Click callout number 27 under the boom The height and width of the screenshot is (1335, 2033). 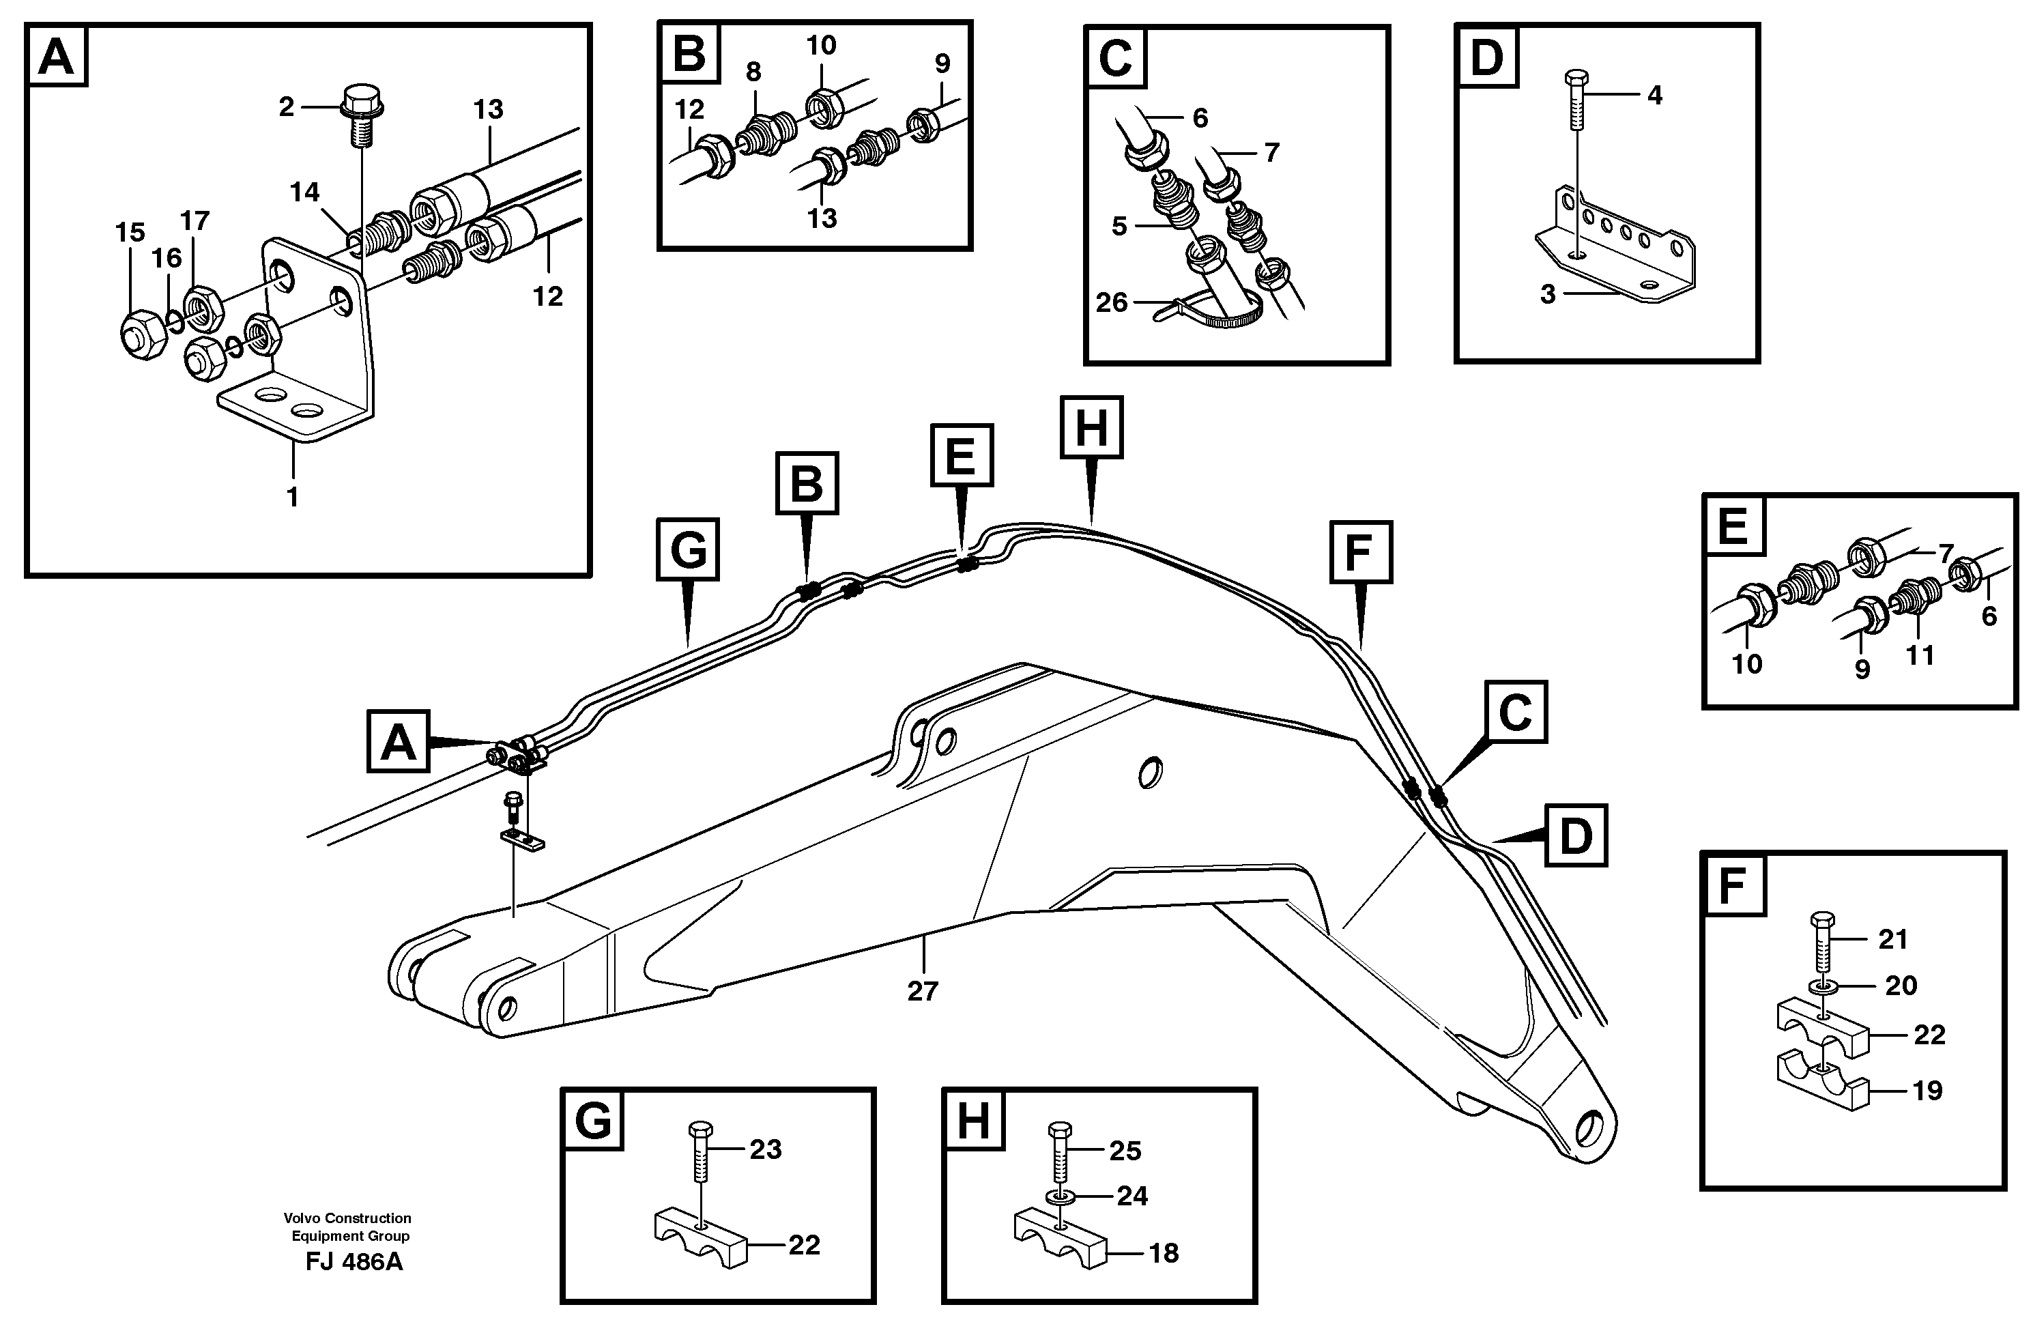click(922, 991)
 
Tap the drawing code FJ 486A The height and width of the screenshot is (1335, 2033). click(354, 1261)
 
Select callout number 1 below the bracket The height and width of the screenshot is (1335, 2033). click(292, 496)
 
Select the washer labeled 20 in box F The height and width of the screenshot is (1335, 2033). click(1820, 988)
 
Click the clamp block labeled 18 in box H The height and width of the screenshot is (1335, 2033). click(1060, 1239)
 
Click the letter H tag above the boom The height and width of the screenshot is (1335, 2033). click(1091, 427)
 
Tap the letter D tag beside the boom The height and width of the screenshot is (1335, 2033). click(1575, 835)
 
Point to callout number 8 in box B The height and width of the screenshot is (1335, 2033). click(753, 72)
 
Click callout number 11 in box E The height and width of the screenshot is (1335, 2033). click(1920, 655)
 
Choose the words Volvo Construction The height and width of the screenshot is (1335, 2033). click(347, 1218)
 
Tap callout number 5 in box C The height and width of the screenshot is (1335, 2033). click(1119, 227)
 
